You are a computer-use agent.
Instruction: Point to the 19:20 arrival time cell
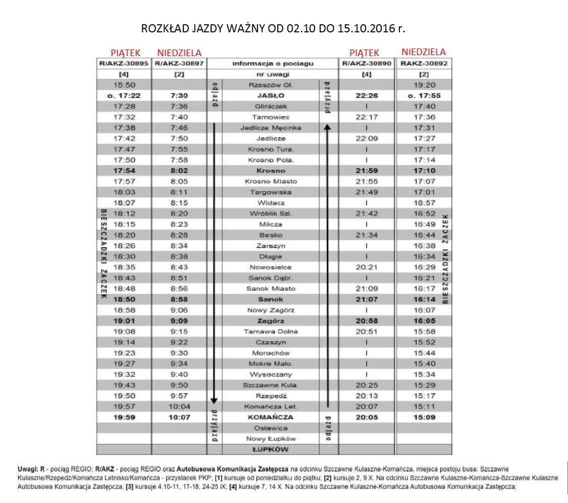tap(424, 85)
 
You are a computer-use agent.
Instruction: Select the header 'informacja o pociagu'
tap(273, 63)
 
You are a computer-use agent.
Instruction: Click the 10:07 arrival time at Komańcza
tap(179, 418)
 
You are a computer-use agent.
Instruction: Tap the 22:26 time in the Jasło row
tap(367, 96)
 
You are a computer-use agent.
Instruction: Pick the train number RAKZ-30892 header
tap(424, 63)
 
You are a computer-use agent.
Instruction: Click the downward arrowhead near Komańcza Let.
tap(214, 400)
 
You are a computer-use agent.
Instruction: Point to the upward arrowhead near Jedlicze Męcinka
tap(327, 128)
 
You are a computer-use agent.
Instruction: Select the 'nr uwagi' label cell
tap(273, 74)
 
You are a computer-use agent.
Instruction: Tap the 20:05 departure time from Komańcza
tap(367, 418)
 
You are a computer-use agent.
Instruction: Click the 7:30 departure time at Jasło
tap(179, 96)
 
